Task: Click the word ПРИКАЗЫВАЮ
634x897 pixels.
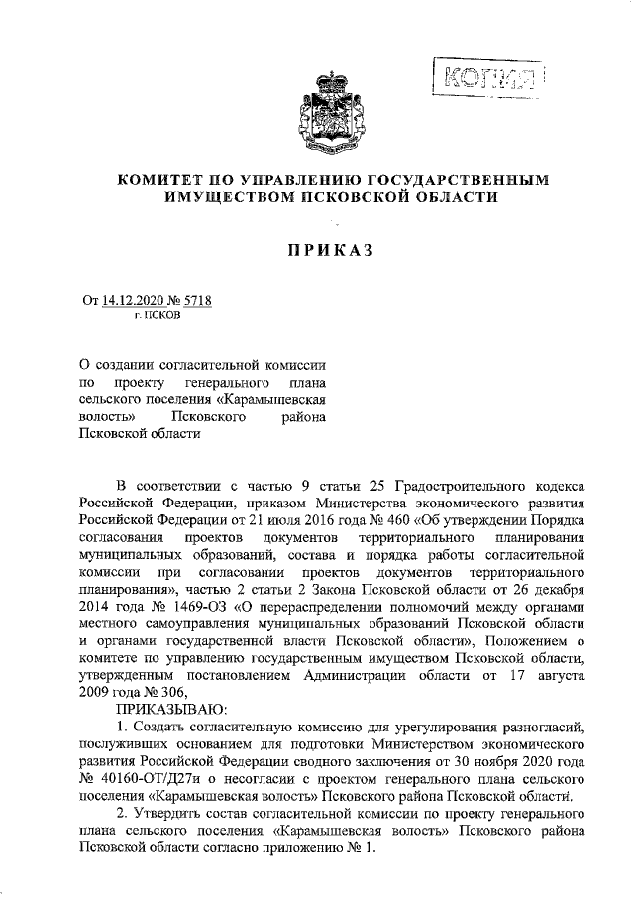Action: pos(171,711)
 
